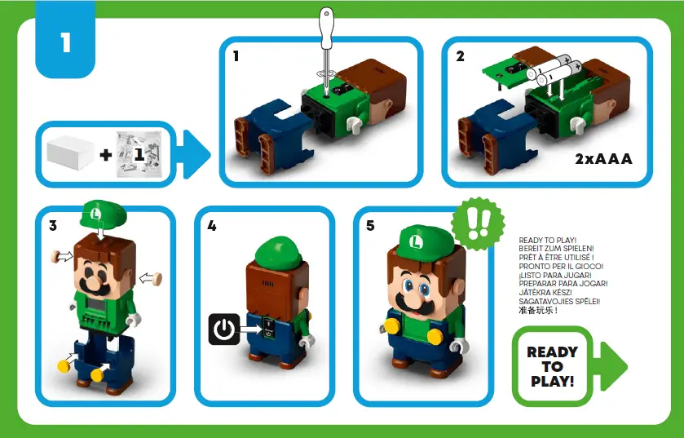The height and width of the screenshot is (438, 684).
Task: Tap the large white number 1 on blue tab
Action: (x=65, y=42)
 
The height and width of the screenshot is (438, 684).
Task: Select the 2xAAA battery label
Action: (x=603, y=159)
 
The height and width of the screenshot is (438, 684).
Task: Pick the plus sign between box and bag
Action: (x=106, y=154)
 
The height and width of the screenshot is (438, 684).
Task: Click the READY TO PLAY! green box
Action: (x=552, y=366)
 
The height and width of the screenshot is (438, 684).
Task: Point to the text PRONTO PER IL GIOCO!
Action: (x=561, y=266)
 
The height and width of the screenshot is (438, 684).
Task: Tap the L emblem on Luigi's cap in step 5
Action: (x=417, y=241)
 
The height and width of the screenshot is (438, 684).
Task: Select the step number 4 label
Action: (x=212, y=226)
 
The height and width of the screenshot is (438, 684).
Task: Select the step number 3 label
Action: (x=53, y=226)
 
